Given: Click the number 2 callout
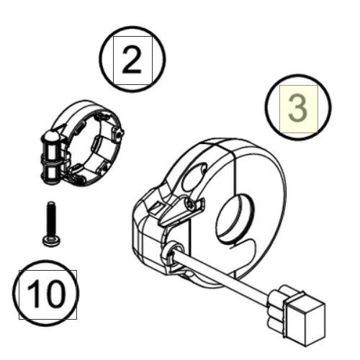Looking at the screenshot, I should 132,61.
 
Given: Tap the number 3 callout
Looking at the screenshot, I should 297,107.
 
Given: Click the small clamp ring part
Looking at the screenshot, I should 83,140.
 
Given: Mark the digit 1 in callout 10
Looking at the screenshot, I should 34,294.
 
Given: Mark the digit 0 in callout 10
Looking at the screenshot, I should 57,294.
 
